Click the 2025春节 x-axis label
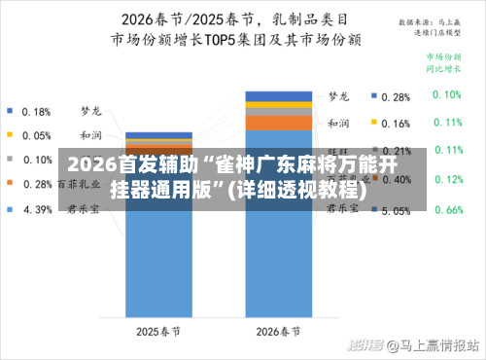(x=158, y=332)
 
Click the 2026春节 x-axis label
(x=278, y=332)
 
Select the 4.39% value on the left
(x=37, y=208)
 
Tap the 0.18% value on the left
(x=37, y=111)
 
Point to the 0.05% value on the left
(x=37, y=135)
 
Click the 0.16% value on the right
(x=396, y=124)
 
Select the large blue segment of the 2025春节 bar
(x=158, y=263)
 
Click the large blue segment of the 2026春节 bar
(x=278, y=263)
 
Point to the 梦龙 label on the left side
(x=90, y=111)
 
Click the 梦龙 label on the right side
(x=338, y=96)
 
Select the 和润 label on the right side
(x=338, y=124)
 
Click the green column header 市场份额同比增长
(x=446, y=63)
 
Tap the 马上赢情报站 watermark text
(x=433, y=345)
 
